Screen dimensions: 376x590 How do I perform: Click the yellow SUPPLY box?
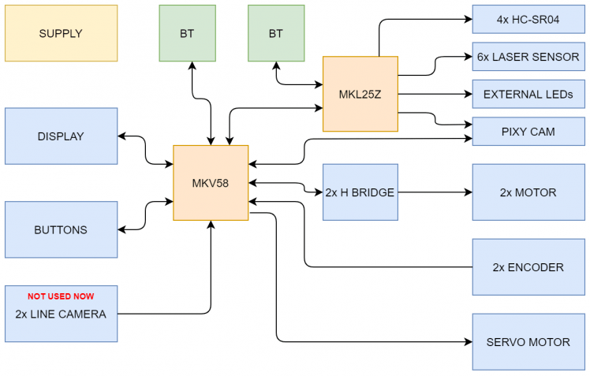point(61,33)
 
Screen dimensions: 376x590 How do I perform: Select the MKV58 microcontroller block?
point(211,183)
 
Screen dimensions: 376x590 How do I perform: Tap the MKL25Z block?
point(360,94)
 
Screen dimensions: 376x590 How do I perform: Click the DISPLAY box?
point(61,136)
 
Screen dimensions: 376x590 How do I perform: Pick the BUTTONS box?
point(61,229)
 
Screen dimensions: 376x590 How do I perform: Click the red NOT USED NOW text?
point(61,296)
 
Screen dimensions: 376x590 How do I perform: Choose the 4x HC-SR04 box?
point(528,19)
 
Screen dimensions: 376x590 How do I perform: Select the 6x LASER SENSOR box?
point(528,57)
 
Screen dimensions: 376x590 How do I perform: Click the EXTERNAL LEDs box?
point(528,94)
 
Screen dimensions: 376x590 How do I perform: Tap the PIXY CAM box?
point(528,132)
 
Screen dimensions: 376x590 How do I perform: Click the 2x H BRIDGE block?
point(360,192)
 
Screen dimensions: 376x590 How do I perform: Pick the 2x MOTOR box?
point(528,192)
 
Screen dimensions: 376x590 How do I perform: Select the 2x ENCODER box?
point(528,266)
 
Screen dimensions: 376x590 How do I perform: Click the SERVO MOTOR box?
point(528,341)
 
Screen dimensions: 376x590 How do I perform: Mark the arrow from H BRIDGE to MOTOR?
point(434,192)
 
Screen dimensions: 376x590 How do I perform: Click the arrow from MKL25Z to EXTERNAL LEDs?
point(434,94)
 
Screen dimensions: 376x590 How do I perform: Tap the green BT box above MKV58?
point(187,33)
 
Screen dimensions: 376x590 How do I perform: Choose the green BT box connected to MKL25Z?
point(275,33)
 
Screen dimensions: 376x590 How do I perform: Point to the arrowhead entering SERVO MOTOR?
point(468,341)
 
